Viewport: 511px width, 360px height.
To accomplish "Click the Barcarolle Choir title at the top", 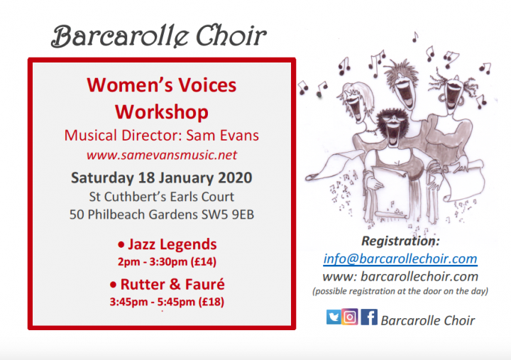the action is pos(159,36).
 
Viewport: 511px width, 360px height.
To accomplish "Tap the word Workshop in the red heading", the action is pos(162,112).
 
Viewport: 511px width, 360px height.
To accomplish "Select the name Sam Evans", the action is pos(223,136).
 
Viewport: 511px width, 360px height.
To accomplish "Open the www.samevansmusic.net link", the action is pos(162,155).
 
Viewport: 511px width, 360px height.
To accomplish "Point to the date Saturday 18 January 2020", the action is pos(162,178).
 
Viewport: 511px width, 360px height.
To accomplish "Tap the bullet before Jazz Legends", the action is pos(121,244).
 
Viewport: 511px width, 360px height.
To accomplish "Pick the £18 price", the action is pos(211,302).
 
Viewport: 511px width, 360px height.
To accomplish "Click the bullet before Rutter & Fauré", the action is pos(113,285).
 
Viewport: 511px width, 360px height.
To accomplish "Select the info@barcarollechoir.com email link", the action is pos(400,259).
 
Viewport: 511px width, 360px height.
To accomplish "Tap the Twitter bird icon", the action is pos(334,317).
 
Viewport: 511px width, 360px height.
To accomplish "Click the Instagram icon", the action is pos(350,317).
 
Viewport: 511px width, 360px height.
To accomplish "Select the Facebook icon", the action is pos(369,317).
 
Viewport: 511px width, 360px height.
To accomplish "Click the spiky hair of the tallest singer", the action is pos(401,70).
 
